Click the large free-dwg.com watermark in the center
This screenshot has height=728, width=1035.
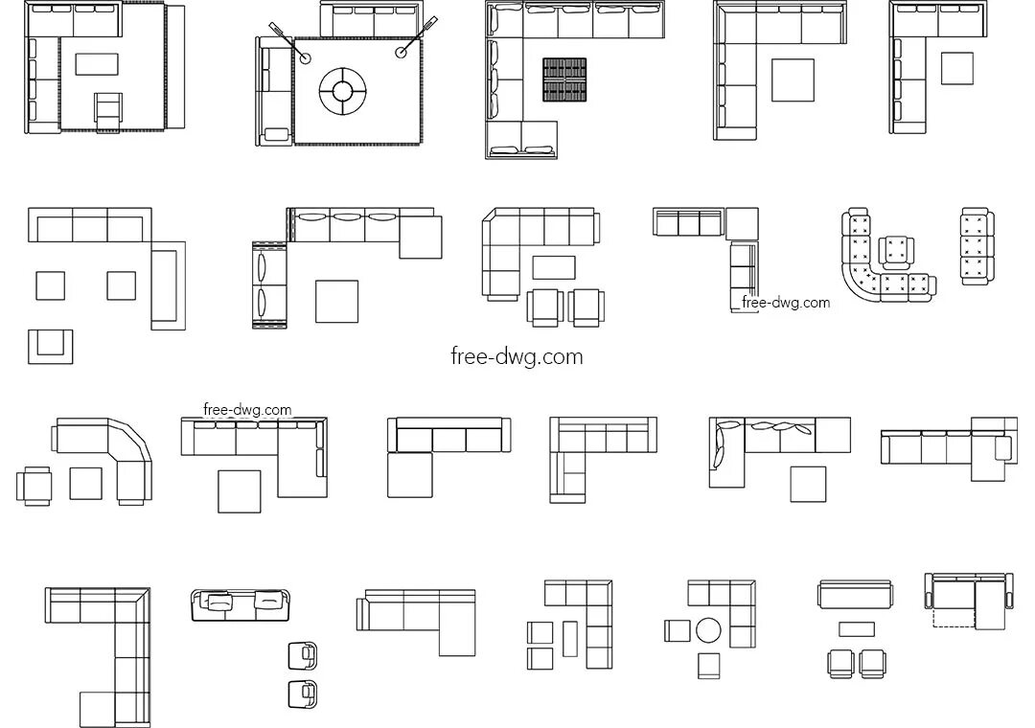517,356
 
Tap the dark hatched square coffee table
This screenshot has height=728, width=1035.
564,79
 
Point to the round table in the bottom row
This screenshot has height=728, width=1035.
708,630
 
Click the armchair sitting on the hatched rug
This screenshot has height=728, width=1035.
109,109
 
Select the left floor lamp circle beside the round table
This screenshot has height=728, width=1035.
306,57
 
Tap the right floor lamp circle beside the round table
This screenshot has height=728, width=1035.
402,54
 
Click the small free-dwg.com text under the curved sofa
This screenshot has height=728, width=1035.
786,303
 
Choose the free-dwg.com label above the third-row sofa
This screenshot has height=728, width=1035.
247,409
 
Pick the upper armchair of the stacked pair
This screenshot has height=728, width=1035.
303,655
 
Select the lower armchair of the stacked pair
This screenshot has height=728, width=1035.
303,694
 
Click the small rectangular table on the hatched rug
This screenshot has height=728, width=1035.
96,64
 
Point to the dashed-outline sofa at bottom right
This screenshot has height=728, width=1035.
968,603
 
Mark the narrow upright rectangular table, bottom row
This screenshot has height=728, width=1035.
570,638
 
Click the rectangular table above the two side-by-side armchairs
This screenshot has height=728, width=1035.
856,628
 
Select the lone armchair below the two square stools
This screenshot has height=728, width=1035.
50,345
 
